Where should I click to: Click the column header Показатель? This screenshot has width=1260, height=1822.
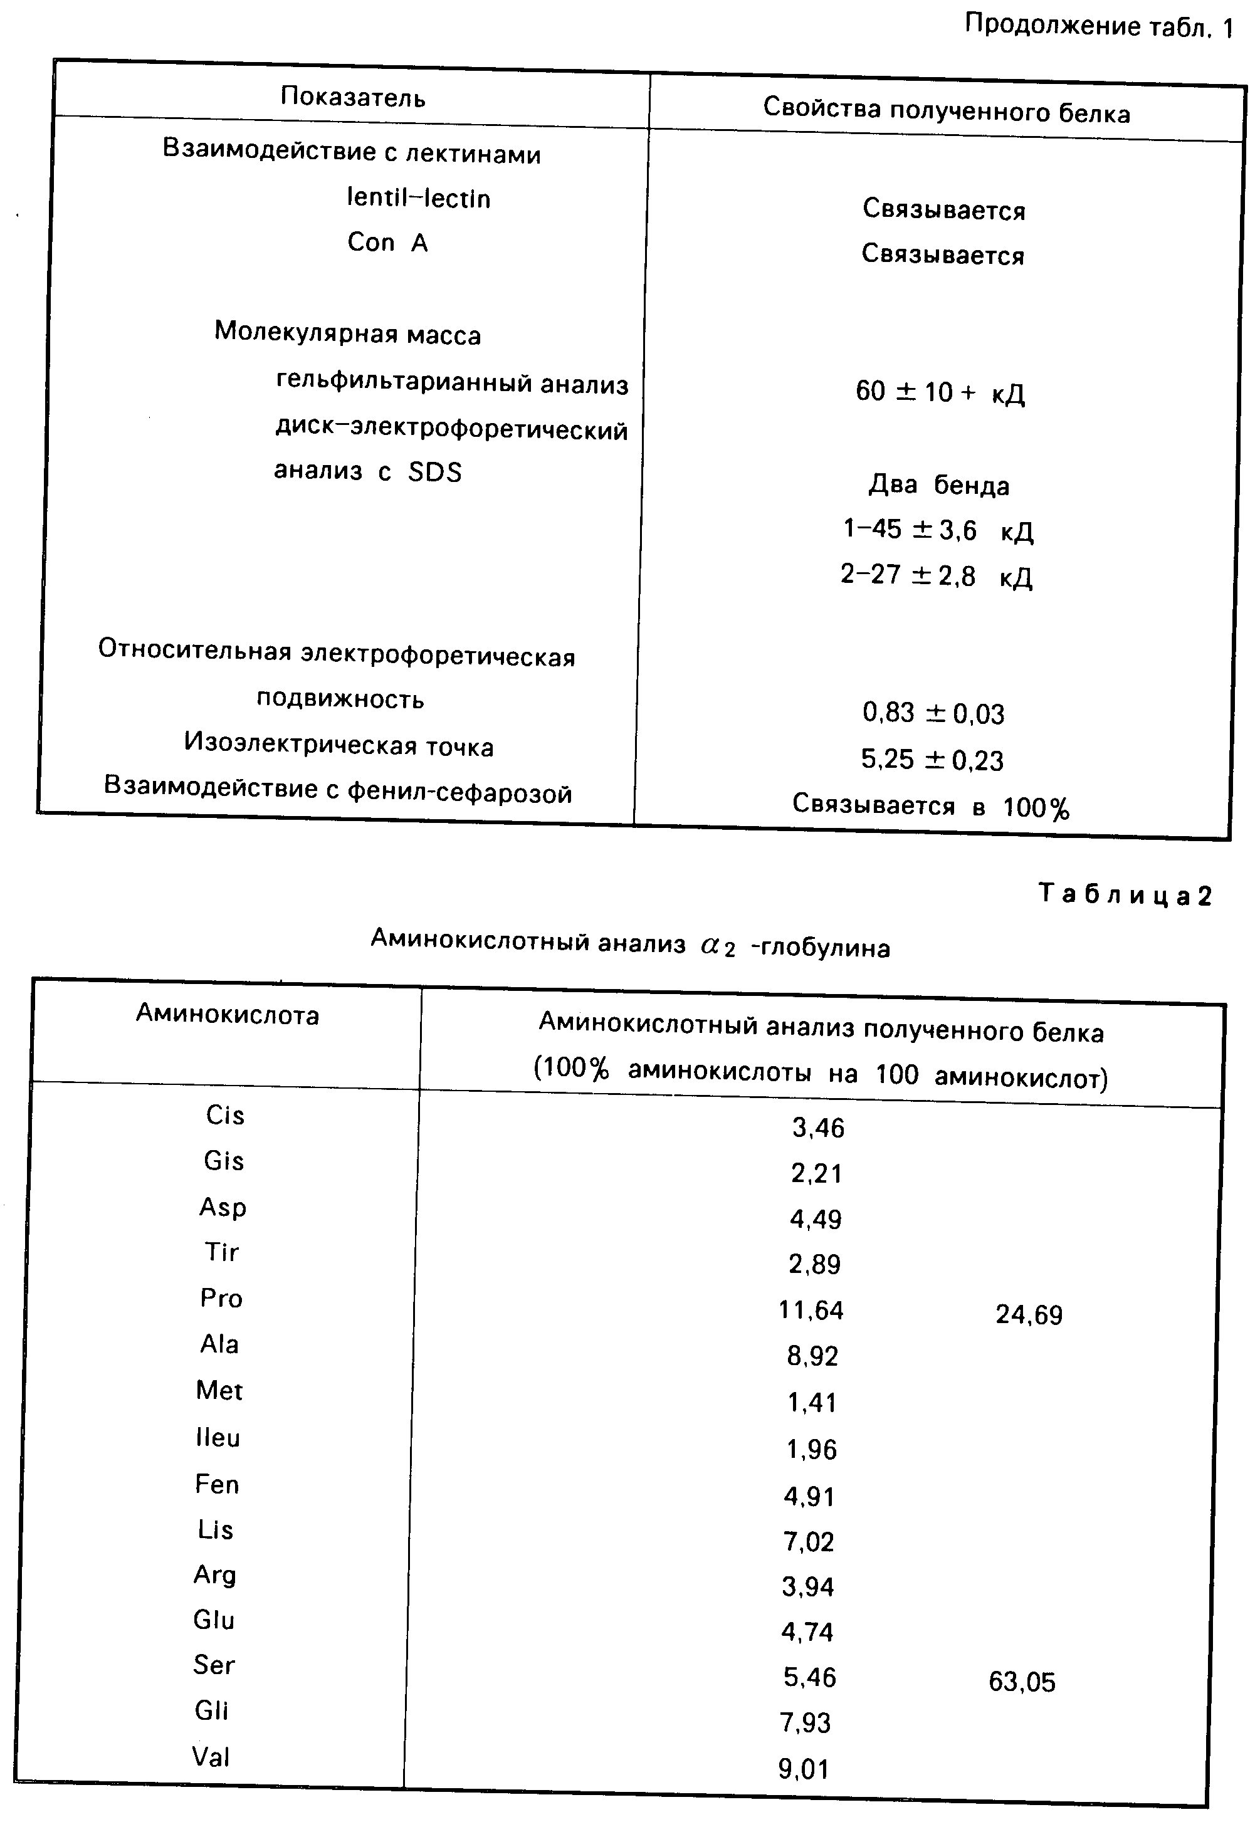coord(353,97)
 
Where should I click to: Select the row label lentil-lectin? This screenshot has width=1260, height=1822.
coord(418,197)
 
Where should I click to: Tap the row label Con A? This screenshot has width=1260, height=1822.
coord(387,243)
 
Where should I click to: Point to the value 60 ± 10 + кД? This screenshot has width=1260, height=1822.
coord(940,392)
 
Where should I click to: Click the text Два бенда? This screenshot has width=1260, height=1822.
coord(938,484)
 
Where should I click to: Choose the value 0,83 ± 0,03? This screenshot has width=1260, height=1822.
coord(933,713)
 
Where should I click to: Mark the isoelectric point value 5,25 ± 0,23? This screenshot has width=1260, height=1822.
coord(932,760)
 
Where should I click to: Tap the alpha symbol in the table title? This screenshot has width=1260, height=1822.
coord(709,945)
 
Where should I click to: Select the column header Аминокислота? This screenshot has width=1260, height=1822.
coord(228,1013)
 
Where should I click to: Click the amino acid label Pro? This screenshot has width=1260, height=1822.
coord(221,1298)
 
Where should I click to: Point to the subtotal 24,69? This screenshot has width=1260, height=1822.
coord(1029,1314)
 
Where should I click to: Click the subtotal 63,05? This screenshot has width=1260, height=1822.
coord(1022,1682)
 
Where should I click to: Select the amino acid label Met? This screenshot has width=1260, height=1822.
coord(219,1390)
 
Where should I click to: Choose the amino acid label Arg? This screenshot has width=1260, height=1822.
coord(215,1574)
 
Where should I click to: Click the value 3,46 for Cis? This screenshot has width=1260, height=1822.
coord(819,1128)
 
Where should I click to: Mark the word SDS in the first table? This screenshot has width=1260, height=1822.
coord(435,471)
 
